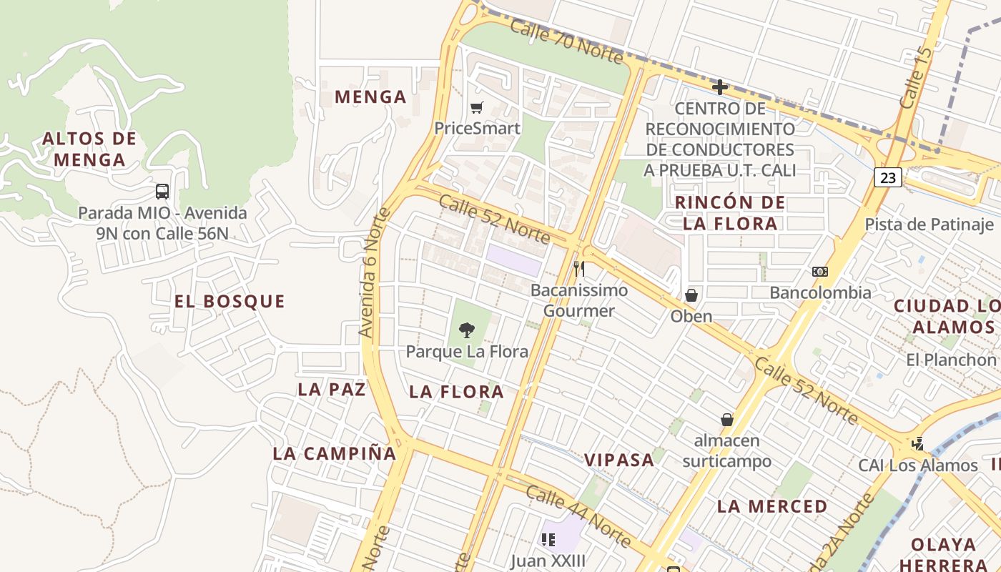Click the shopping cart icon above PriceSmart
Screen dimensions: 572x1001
coord(476,108)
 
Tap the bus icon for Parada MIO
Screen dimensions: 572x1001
coord(162,192)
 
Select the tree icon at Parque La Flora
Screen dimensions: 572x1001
coord(467,330)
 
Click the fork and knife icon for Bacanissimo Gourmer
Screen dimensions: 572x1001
coord(579,269)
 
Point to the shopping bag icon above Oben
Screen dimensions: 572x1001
coord(691,295)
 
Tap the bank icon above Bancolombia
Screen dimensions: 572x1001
coord(820,272)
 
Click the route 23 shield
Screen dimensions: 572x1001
coord(887,177)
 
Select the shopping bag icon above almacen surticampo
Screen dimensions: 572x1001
coord(727,420)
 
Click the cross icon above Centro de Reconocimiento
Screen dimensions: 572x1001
coord(720,87)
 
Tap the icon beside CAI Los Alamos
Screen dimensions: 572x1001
coord(918,444)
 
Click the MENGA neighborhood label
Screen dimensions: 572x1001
coord(370,97)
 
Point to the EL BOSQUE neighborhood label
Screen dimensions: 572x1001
coord(230,302)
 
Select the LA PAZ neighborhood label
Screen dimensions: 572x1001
coord(332,390)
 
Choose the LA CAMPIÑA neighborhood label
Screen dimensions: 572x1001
coord(335,453)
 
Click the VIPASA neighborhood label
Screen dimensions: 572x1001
coord(620,460)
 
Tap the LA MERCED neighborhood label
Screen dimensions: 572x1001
coord(772,506)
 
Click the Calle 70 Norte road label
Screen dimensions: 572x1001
coord(568,40)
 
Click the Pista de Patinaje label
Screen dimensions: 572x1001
coord(929,225)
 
